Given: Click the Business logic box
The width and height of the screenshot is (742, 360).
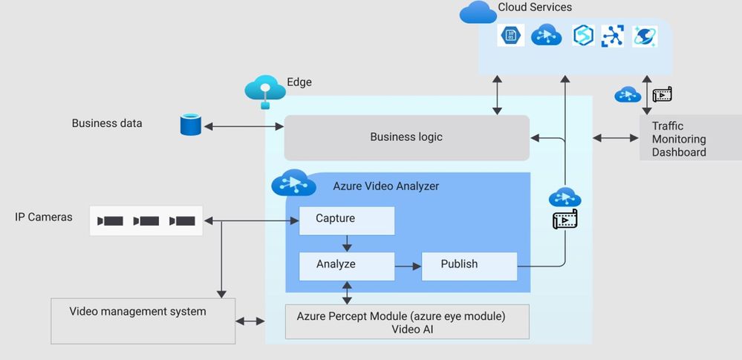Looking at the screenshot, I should click(406, 137).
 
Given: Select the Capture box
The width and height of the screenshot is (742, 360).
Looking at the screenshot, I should click(346, 220).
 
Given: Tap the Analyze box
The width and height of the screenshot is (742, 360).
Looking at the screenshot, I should click(346, 265).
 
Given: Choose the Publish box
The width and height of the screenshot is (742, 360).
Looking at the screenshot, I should click(469, 265).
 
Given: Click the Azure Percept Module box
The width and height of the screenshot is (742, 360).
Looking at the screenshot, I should click(407, 321).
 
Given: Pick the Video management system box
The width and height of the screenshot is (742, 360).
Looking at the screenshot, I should click(143, 320).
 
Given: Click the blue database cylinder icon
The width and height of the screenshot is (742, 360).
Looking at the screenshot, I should click(190, 125).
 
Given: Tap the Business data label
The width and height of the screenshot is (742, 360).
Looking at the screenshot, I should click(106, 123).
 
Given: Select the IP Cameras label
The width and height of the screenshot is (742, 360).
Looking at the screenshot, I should click(44, 217).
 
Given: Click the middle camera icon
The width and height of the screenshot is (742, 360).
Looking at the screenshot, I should click(146, 220).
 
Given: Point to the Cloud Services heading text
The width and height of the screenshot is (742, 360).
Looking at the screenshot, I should click(535, 7).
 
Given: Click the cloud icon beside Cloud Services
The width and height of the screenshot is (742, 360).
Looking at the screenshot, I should click(478, 12).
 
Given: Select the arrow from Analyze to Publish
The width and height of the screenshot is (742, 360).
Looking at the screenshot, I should click(408, 265).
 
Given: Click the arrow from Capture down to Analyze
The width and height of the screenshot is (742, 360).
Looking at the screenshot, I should click(347, 243).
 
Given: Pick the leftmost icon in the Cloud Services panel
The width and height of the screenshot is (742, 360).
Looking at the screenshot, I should click(511, 35).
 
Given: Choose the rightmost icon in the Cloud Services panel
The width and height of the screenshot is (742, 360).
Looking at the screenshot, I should click(645, 36).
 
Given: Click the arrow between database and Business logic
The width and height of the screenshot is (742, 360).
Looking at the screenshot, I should click(244, 126).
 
